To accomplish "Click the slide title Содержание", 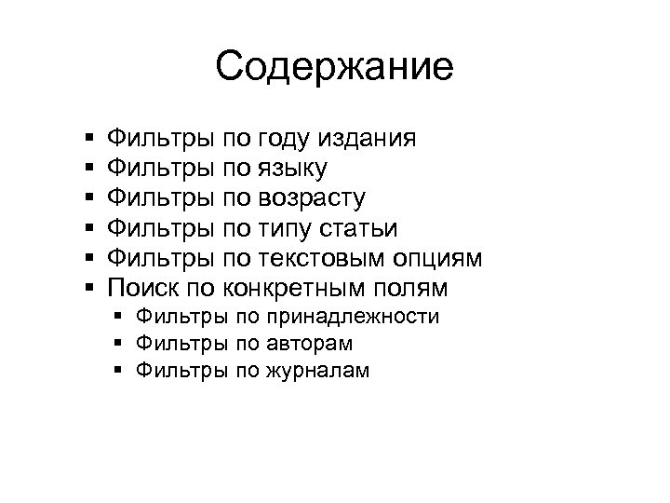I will pyautogui.click(x=334, y=67).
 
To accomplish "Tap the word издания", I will pyautogui.click(x=367, y=139).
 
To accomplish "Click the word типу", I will pyautogui.click(x=281, y=227).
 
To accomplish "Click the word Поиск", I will pyautogui.click(x=139, y=286).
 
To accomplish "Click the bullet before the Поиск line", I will pyautogui.click(x=87, y=286).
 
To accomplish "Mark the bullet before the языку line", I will pyautogui.click(x=87, y=169).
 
